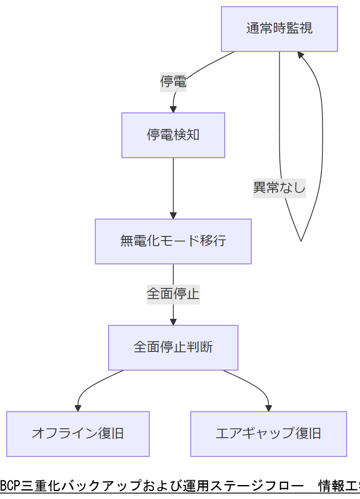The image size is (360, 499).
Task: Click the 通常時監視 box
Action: coord(279,29)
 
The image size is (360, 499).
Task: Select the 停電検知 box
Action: coord(173,135)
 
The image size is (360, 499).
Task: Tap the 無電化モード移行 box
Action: coord(173,241)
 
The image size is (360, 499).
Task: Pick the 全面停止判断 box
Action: coord(173,347)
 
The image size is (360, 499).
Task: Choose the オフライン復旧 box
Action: coord(78,433)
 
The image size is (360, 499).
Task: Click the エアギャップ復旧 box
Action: coord(268,433)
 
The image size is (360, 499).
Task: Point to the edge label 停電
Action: coord(173,81)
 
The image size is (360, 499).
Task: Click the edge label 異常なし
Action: coord(279,187)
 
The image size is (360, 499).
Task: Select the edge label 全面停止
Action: coord(173,293)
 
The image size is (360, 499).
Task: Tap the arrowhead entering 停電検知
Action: coord(173,109)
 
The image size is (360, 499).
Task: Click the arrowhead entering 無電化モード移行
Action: coord(173,215)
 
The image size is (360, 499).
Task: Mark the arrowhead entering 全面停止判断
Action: coord(173,321)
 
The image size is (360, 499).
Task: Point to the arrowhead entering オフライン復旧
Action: coord(78,408)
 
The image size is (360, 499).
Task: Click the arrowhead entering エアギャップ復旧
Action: coord(268,408)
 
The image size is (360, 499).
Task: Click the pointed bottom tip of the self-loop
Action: coord(301,241)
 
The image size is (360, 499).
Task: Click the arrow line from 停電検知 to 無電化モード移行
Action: coord(173,186)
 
